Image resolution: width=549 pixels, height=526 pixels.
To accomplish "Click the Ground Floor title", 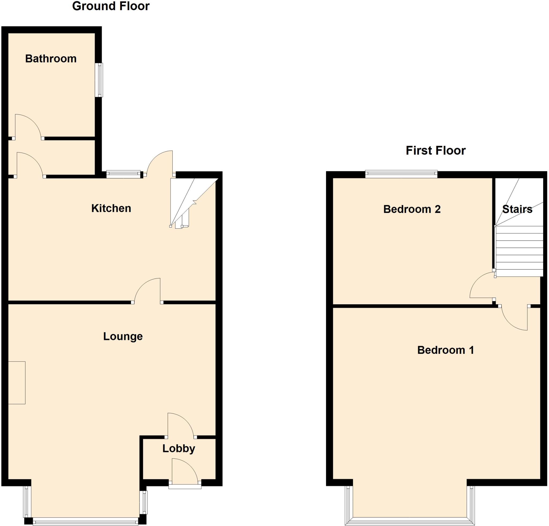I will (111, 6).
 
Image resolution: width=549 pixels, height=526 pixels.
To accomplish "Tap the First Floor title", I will (436, 151).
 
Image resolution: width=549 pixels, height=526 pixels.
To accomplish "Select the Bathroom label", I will (51, 59).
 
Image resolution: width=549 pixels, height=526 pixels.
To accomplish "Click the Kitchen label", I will (111, 208).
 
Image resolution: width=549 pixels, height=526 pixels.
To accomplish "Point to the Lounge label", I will (123, 336).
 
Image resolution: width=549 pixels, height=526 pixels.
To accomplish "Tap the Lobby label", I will (179, 449).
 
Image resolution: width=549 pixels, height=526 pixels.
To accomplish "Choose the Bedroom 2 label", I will (412, 209).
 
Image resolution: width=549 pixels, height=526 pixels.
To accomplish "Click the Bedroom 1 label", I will (445, 350).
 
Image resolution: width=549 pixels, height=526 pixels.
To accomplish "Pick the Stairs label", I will (517, 209).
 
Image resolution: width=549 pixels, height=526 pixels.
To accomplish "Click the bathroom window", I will (99, 80).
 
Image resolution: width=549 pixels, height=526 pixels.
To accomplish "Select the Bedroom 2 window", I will (401, 174).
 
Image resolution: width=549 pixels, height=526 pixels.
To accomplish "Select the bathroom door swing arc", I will (28, 126).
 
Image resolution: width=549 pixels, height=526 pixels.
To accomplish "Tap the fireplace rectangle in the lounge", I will (17, 383).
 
